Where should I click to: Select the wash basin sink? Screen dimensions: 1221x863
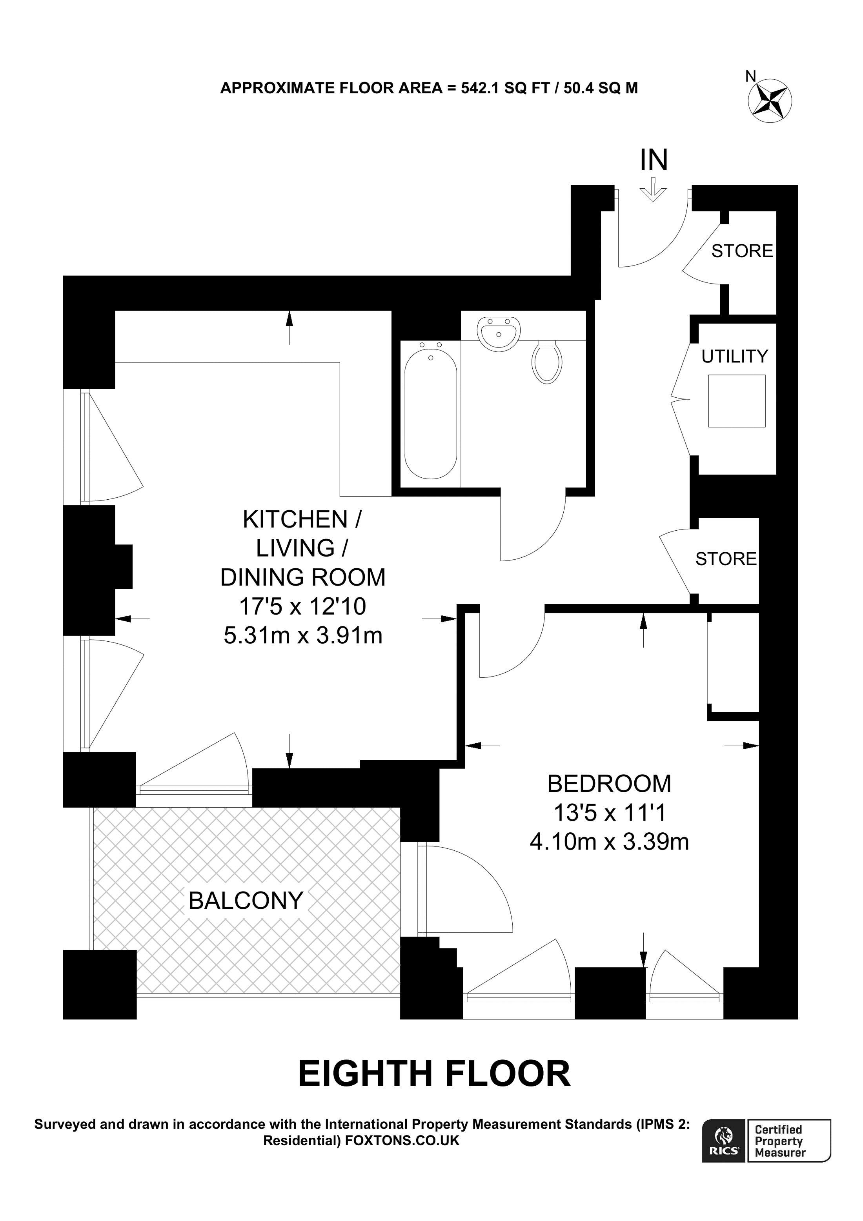tap(498, 333)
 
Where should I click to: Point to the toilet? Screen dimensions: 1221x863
tap(546, 362)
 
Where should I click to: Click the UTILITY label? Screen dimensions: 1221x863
tap(734, 356)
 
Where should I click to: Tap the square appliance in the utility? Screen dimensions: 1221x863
tap(736, 400)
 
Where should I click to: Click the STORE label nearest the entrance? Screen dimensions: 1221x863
tap(742, 251)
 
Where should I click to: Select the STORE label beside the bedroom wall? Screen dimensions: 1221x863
tap(726, 559)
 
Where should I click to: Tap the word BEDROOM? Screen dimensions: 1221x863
tap(609, 783)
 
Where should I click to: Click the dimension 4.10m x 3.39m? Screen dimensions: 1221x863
tap(609, 841)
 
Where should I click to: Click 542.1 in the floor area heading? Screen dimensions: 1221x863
tap(480, 88)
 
